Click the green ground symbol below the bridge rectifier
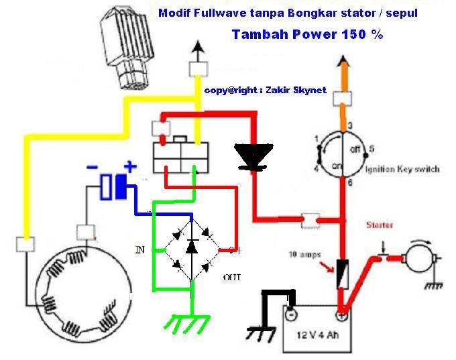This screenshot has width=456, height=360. pyautogui.click(x=188, y=325)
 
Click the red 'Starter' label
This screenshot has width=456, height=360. pyautogui.click(x=380, y=225)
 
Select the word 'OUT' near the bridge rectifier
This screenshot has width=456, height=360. pyautogui.click(x=232, y=277)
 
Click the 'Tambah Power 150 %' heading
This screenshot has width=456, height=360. pyautogui.click(x=307, y=35)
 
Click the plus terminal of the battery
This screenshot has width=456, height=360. pyautogui.click(x=342, y=313)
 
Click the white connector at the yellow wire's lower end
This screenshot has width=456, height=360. pyautogui.click(x=25, y=245)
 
